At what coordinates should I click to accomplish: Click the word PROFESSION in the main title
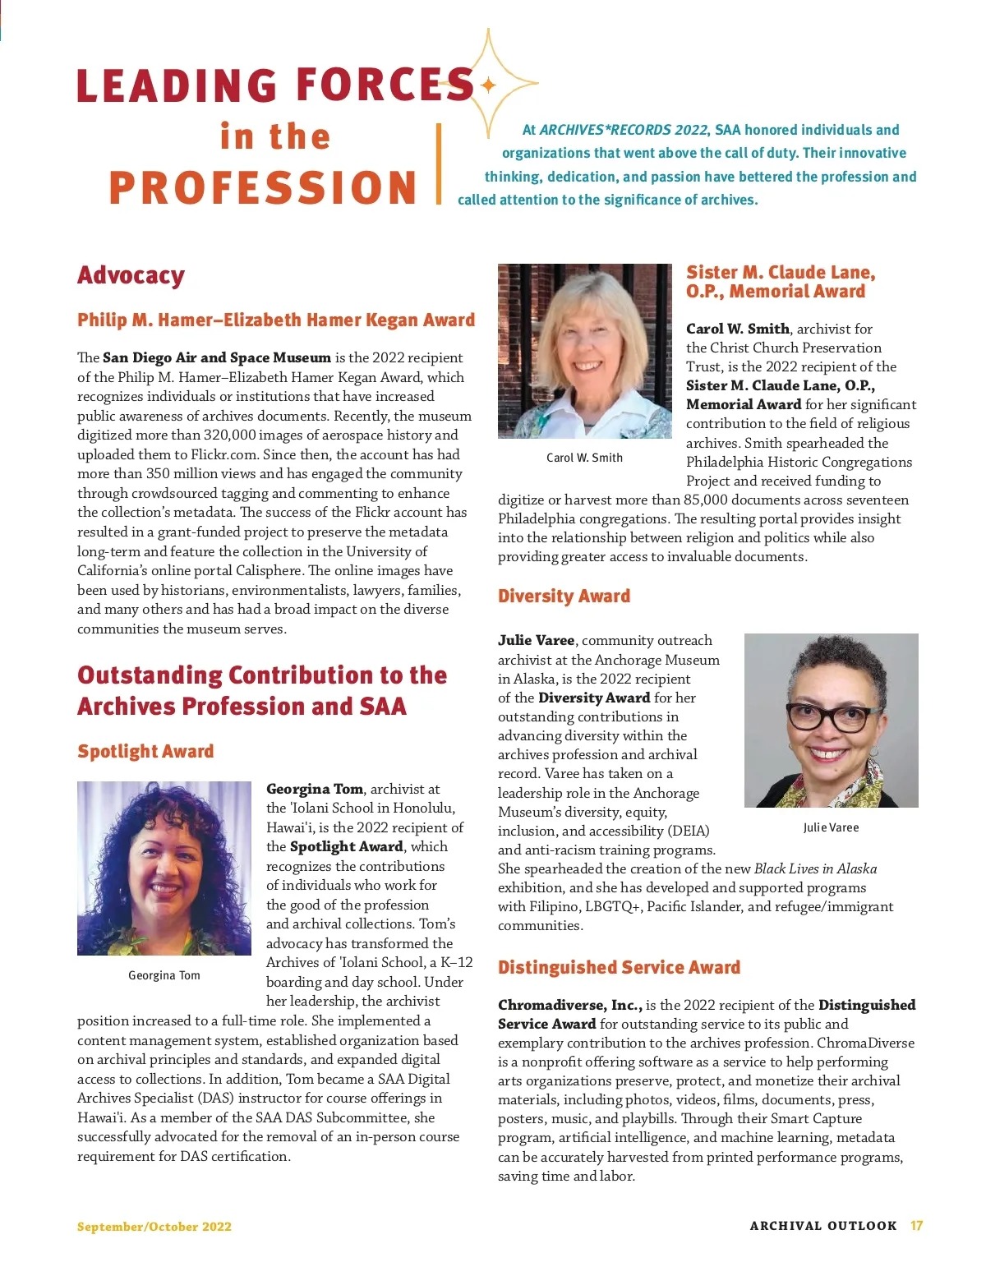point(263,187)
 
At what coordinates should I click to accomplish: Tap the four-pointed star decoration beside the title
point(489,85)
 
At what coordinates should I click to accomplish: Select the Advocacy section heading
point(131,275)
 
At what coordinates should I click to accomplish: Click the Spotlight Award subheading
point(145,751)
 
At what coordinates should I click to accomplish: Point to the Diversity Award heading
point(564,597)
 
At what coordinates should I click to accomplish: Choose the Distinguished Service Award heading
point(619,967)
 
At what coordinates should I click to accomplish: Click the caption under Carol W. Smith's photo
point(584,458)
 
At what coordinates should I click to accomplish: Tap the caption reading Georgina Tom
point(164,975)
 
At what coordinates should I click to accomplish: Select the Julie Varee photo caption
point(831,827)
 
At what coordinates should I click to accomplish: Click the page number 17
point(916,1226)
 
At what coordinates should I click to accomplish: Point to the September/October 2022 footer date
point(154,1227)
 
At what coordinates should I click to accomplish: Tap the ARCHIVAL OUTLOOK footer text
point(823,1226)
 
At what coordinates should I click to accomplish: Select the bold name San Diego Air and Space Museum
point(217,357)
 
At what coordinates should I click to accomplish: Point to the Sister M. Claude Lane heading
point(781,281)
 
